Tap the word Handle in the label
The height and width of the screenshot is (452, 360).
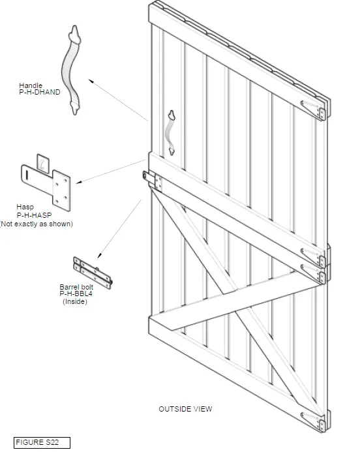(30, 85)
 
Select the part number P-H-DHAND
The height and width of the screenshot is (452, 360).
(39, 93)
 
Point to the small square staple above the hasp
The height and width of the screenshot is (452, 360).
(43, 161)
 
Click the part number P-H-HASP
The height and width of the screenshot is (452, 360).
(35, 215)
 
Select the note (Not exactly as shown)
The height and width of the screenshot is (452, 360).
(36, 224)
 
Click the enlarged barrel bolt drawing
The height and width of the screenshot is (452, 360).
(93, 272)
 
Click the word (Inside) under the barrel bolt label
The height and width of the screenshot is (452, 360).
(74, 302)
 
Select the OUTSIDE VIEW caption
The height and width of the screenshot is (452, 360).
(185, 409)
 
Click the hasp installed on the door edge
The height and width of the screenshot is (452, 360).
(151, 180)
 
